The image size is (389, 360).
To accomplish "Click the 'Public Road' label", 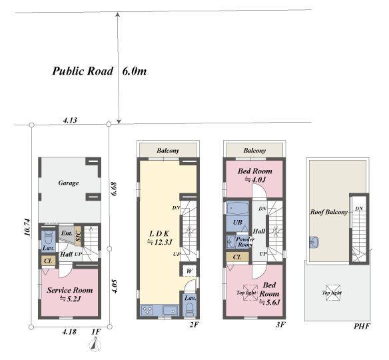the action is click(x=83, y=71).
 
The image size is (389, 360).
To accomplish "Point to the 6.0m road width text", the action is click(x=134, y=71).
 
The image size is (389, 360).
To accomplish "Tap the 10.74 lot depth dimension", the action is click(x=27, y=227).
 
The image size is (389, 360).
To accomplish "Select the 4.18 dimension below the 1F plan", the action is click(x=69, y=332).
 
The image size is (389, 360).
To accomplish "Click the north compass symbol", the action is click(x=95, y=344).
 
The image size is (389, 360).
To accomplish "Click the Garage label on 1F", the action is click(x=69, y=183).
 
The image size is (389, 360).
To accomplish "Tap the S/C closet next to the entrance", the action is click(x=78, y=236).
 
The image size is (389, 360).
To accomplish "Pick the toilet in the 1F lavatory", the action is click(x=48, y=237).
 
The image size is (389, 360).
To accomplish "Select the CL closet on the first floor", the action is click(x=48, y=261).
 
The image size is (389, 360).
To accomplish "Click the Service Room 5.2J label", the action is click(x=69, y=294).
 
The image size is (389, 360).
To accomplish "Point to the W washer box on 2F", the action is click(x=190, y=271).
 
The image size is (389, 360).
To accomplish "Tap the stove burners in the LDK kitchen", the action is click(x=147, y=311).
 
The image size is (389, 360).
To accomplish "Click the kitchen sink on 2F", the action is click(x=171, y=311).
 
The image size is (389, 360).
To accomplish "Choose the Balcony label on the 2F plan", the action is click(x=168, y=151).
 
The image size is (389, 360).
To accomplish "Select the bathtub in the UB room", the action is click(x=237, y=208).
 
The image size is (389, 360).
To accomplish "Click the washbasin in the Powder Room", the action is click(x=231, y=241).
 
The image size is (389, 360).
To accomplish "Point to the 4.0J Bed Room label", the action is click(x=255, y=175).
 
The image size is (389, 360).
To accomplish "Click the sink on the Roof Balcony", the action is click(x=314, y=242).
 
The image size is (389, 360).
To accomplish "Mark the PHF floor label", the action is click(x=362, y=326).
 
